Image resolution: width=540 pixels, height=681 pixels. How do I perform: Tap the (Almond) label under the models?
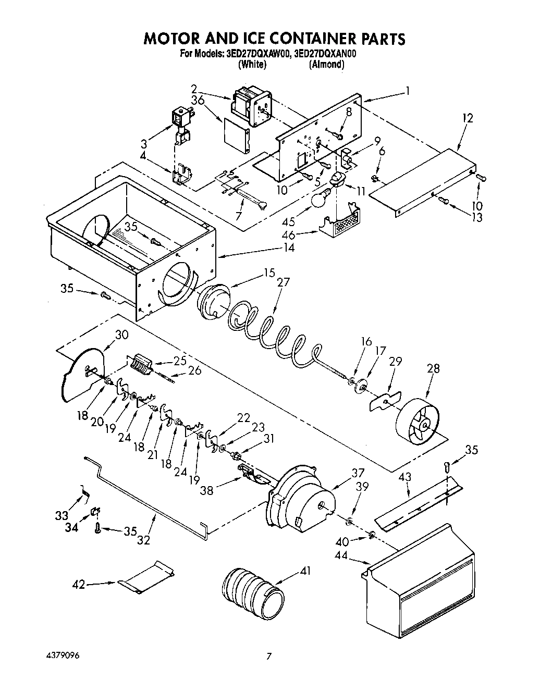tap(326, 65)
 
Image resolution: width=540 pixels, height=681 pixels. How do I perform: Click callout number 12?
tap(467, 118)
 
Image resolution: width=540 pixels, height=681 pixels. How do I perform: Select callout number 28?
tap(433, 369)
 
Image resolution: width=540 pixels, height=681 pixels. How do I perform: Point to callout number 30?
tap(121, 335)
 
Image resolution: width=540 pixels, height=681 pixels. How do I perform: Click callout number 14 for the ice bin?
tap(289, 247)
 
